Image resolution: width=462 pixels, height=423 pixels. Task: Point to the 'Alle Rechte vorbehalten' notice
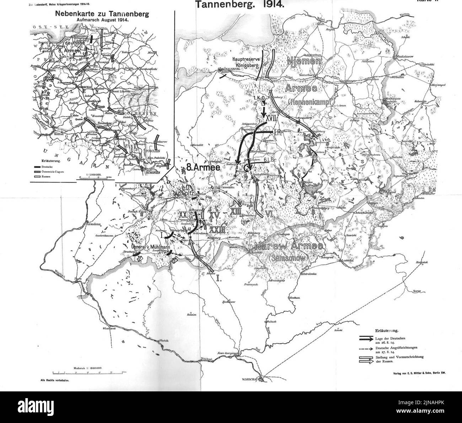(57, 380)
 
